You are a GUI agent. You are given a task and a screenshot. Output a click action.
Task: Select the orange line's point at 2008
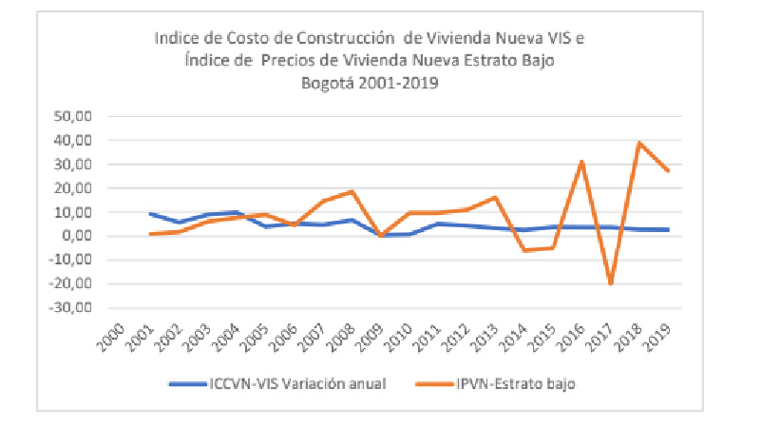click(352, 191)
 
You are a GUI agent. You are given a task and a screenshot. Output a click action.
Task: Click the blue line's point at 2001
click(150, 214)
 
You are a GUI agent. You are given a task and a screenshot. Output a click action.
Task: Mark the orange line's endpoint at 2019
click(668, 171)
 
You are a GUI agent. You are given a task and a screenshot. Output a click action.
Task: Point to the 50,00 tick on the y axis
click(81, 116)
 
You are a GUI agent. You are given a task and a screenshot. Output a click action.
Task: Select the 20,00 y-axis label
click(81, 188)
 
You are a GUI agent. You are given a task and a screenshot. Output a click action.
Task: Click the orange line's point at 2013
click(495, 197)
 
